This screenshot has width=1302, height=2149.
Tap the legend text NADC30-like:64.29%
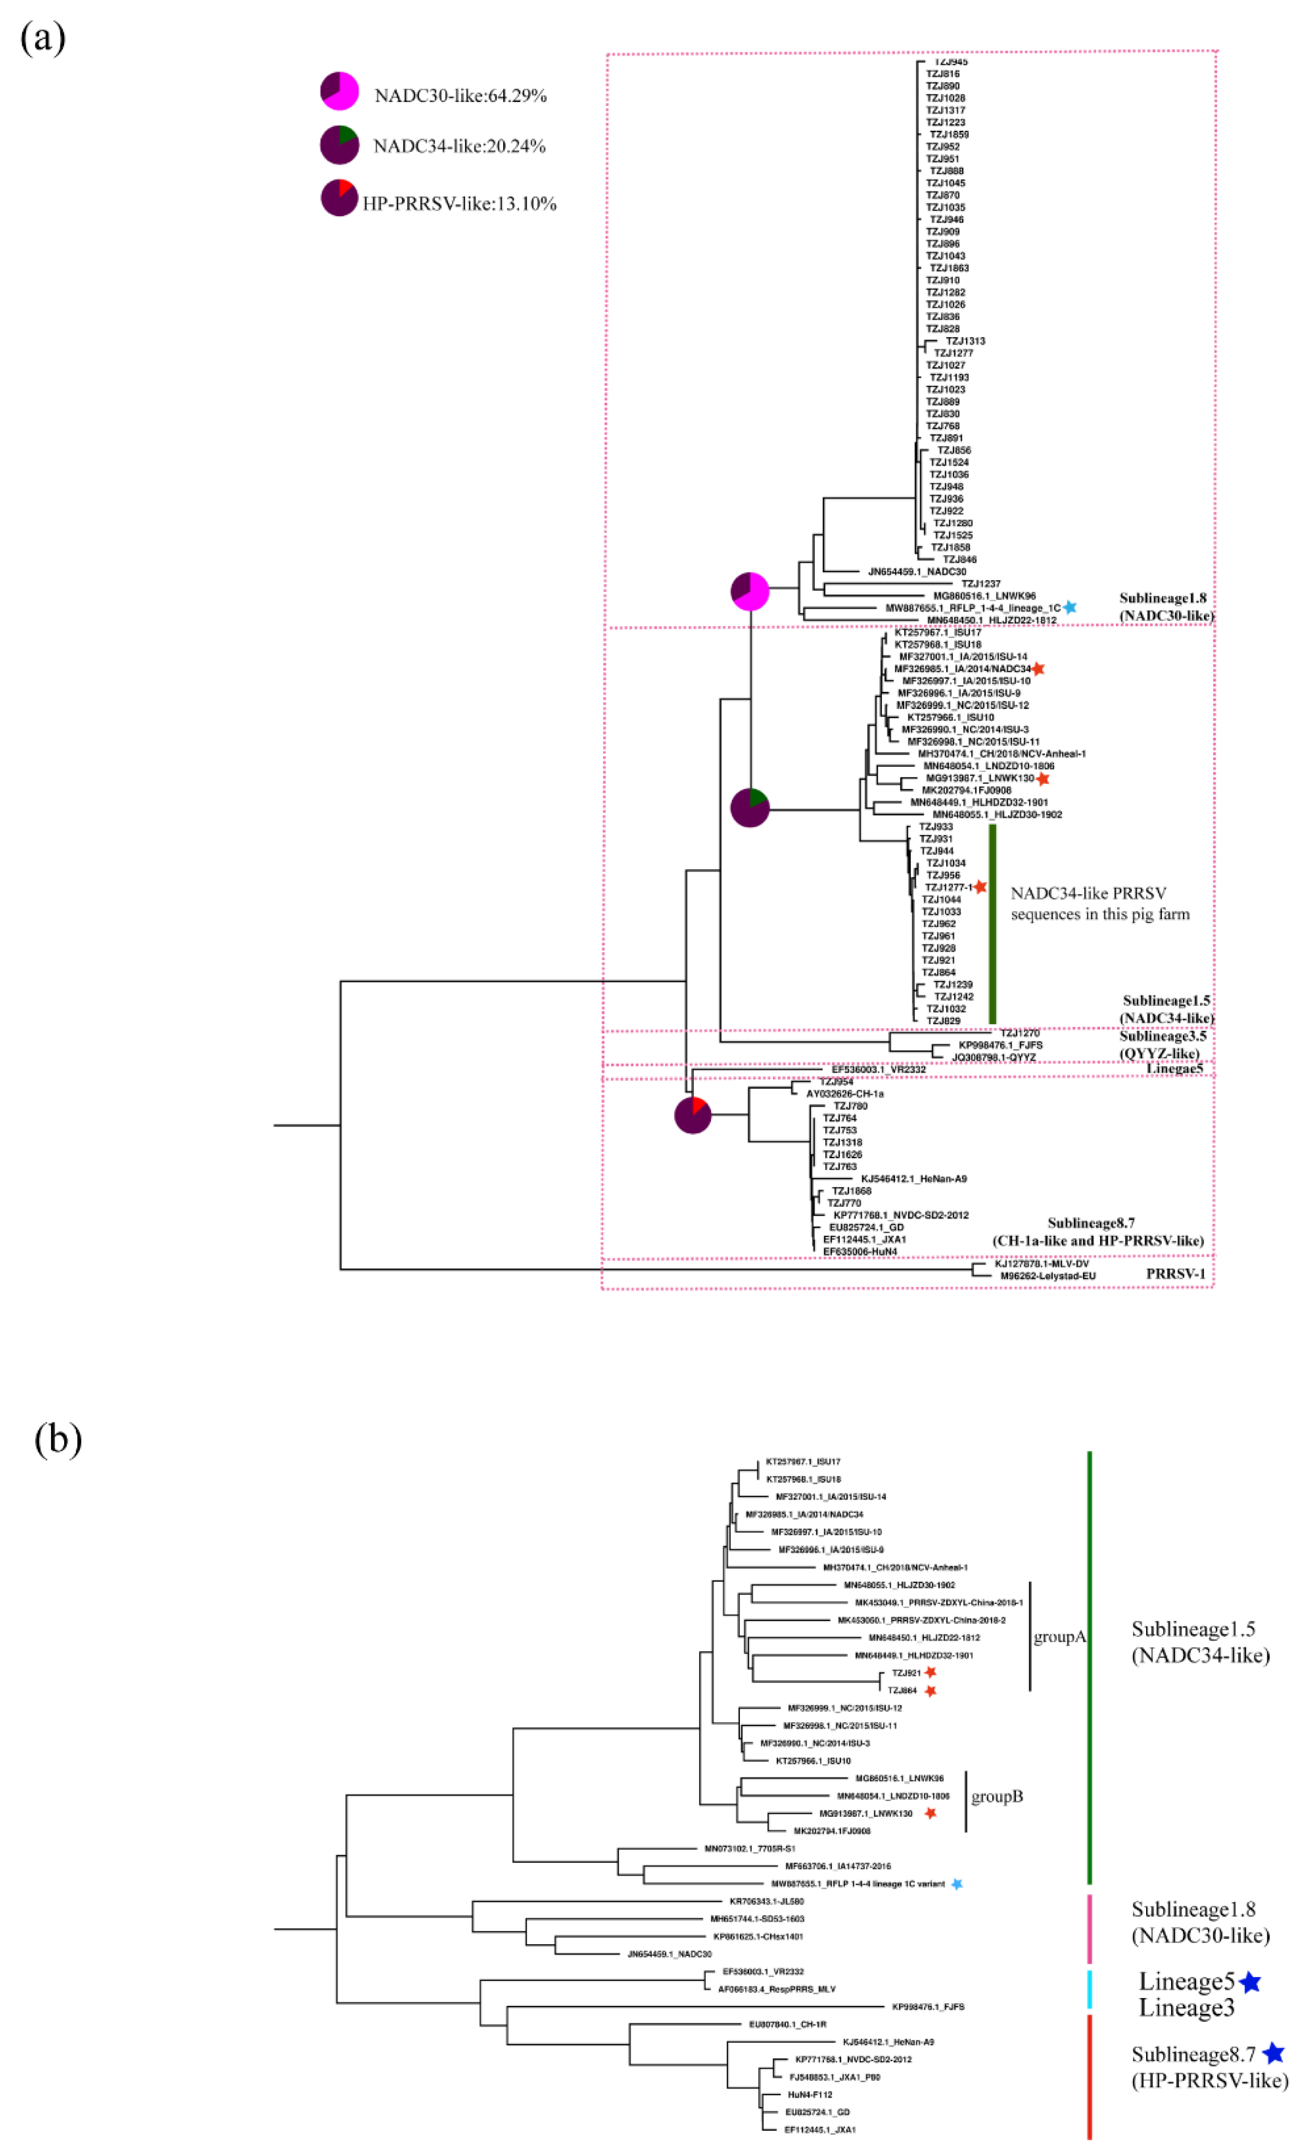(x=460, y=96)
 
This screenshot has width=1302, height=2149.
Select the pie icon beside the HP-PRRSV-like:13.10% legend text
(x=338, y=198)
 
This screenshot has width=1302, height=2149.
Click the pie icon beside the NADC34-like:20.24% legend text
(x=338, y=144)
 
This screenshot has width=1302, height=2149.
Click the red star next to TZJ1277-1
(x=980, y=886)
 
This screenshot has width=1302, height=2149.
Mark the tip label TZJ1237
(x=980, y=584)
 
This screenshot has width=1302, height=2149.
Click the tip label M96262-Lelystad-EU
(x=1047, y=1276)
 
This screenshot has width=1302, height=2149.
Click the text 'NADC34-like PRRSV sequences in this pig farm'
(x=1099, y=904)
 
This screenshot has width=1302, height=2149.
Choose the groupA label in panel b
(x=1058, y=1637)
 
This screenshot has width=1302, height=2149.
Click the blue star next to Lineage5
(x=1250, y=1982)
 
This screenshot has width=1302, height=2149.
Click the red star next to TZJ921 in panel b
(x=931, y=1672)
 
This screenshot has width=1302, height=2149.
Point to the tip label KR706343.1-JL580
(x=766, y=1901)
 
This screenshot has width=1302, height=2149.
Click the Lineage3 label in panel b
(x=1186, y=2008)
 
